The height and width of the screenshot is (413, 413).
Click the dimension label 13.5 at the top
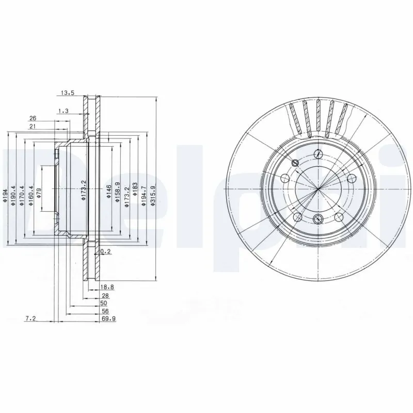coord(68,93)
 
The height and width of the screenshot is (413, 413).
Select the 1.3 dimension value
coord(64,110)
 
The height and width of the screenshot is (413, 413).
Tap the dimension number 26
coord(33,118)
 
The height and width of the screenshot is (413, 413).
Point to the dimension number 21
coord(33,126)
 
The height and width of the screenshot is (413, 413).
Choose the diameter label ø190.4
coord(13,196)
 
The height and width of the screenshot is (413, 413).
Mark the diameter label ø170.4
coord(22,196)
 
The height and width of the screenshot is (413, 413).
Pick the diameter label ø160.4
coord(31,196)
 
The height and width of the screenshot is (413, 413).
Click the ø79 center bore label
coord(40,195)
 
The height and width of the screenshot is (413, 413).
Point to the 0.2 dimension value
coord(105,251)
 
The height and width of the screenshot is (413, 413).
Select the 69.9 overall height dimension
coord(108,319)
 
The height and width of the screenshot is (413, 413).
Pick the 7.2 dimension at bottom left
coord(30,319)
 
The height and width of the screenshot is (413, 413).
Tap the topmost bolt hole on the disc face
coord(319,154)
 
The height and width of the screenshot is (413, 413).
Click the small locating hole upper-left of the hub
coord(295,163)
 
